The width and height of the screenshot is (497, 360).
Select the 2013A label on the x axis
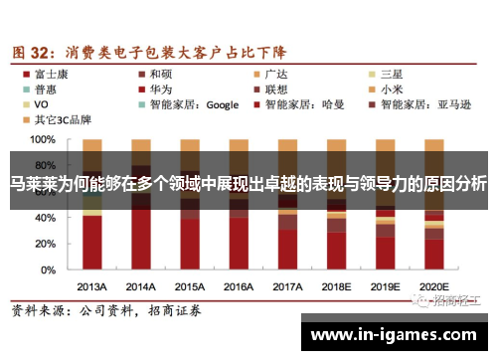pyautogui.click(x=92, y=286)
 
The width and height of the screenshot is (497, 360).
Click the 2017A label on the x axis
pyautogui.click(x=287, y=286)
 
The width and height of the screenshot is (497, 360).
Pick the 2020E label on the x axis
pyautogui.click(x=433, y=286)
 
